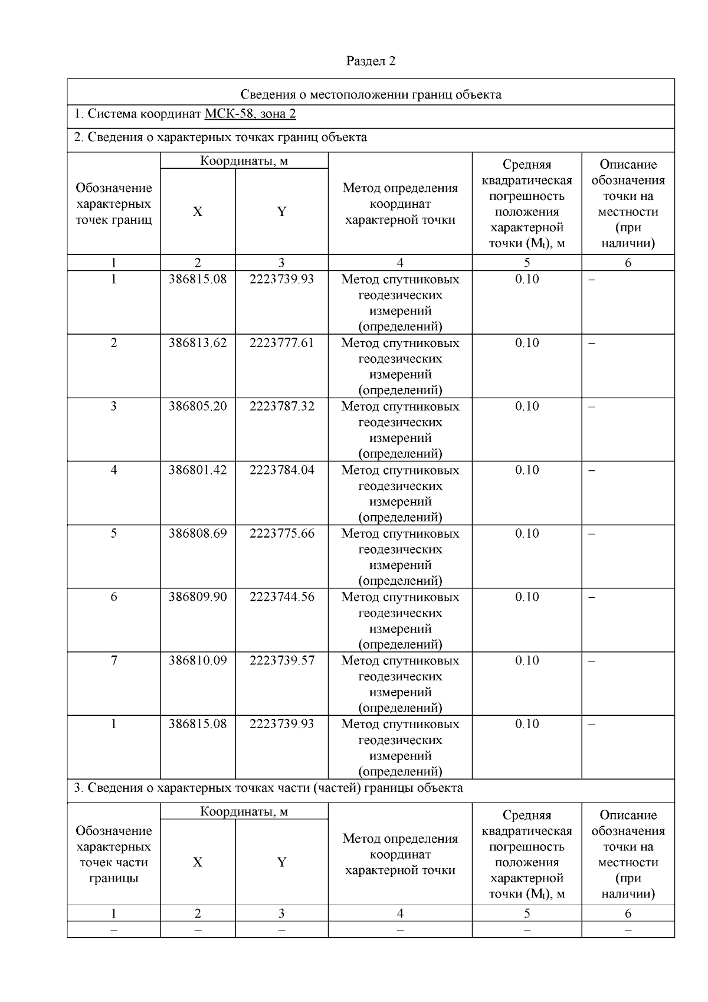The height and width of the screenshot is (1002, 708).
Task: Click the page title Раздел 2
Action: (x=371, y=61)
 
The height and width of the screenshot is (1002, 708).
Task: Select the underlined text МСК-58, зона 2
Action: (x=250, y=113)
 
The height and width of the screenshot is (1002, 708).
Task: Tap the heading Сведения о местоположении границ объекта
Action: (x=371, y=94)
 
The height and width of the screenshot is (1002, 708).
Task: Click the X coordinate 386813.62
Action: (x=198, y=343)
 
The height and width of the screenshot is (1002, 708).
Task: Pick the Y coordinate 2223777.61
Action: (x=281, y=343)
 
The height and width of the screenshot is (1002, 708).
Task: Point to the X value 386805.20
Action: (x=198, y=406)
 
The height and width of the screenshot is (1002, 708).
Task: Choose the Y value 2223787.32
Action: (x=281, y=406)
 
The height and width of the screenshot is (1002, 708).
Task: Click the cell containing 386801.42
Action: (x=198, y=470)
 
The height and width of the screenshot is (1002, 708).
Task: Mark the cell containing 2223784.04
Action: (x=281, y=470)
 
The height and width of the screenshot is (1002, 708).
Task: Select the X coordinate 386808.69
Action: (x=198, y=533)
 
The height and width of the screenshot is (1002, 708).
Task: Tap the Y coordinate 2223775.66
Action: (x=281, y=533)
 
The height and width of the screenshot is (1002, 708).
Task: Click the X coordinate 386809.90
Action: (x=198, y=597)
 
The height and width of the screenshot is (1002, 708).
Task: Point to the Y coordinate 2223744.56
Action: (x=281, y=597)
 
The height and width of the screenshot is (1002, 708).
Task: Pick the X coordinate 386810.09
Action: (x=198, y=660)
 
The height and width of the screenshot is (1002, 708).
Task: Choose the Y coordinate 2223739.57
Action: (x=281, y=660)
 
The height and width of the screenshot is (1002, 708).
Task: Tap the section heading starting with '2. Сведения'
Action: (x=220, y=137)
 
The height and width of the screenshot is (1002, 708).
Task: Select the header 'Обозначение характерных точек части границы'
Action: (x=114, y=854)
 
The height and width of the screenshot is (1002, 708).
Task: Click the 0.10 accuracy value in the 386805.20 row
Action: (x=527, y=406)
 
